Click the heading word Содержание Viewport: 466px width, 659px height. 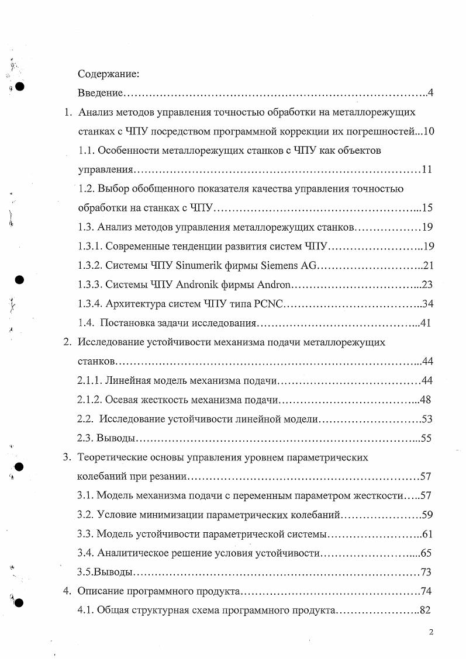(x=108, y=75)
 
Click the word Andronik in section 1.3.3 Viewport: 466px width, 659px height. (x=199, y=285)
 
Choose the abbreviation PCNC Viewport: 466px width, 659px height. (x=268, y=304)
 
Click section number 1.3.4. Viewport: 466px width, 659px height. (x=91, y=304)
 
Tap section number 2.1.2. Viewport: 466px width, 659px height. (x=90, y=400)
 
